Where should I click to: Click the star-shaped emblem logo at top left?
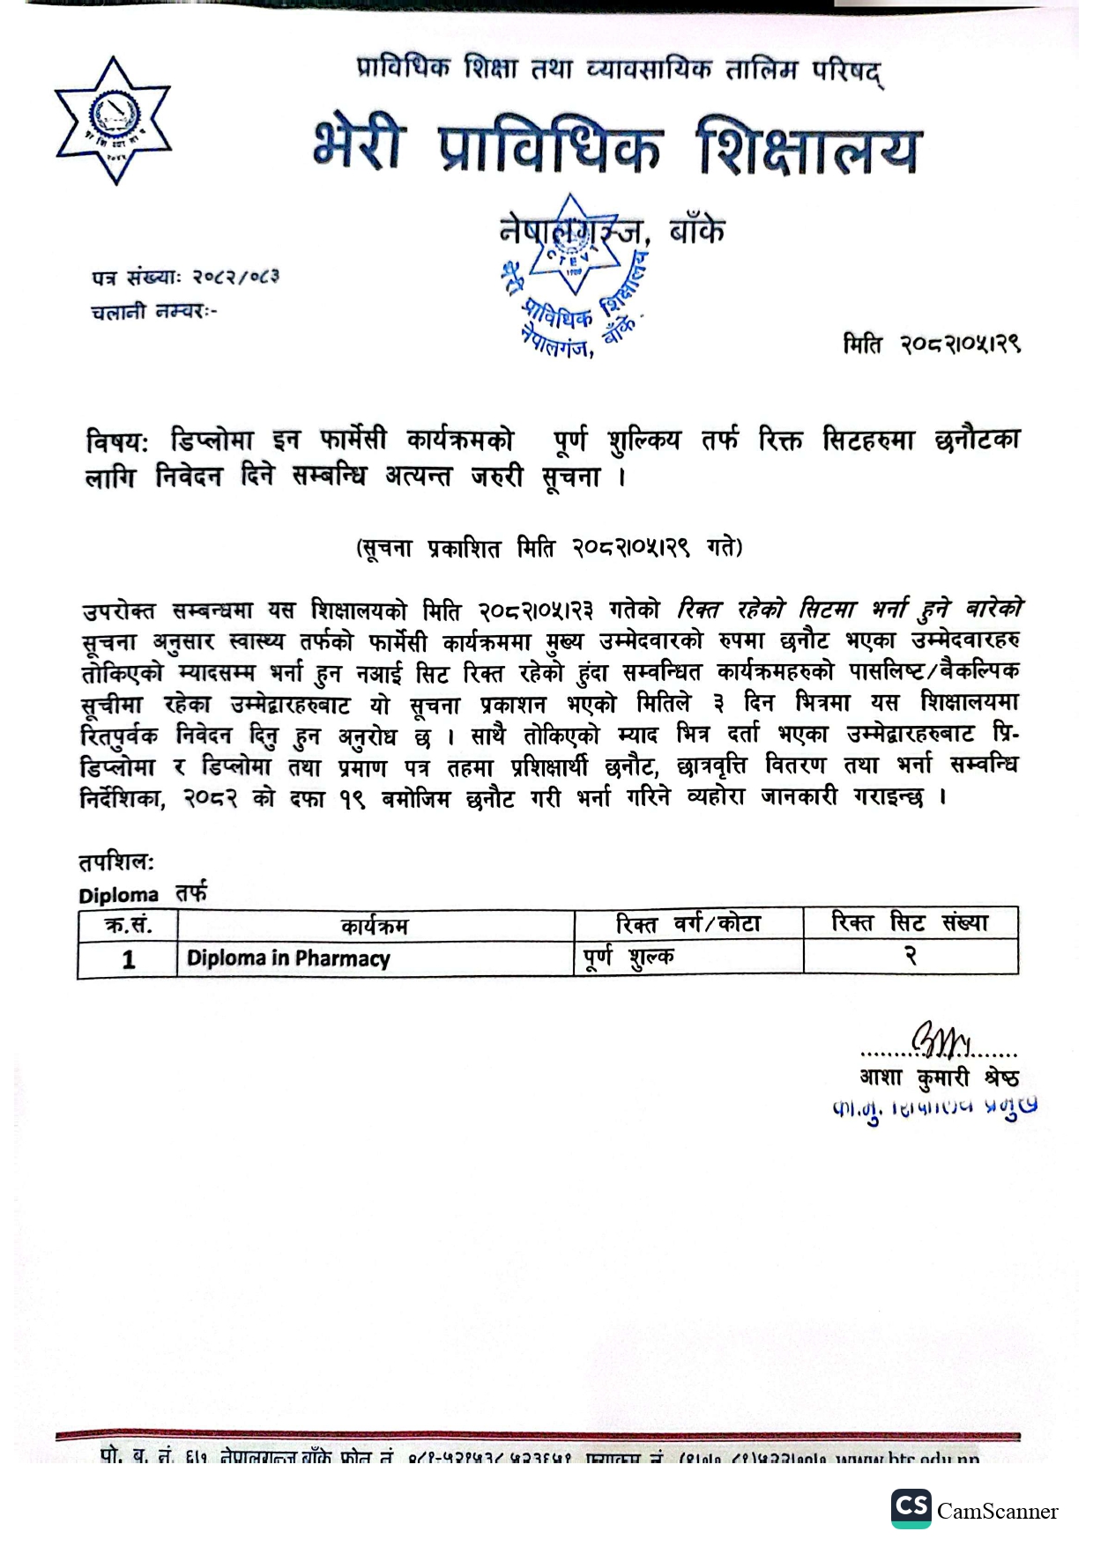pos(113,121)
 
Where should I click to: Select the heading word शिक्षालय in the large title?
pos(807,148)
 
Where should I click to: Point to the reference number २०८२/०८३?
pos(236,277)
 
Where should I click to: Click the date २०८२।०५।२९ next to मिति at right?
pos(960,344)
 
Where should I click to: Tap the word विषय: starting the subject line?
pos(118,440)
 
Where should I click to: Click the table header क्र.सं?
pos(128,925)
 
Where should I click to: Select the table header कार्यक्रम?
pos(375,926)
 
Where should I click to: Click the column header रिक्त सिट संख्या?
pos(910,922)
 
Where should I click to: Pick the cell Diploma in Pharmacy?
pos(288,958)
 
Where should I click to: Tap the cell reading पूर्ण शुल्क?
pos(628,957)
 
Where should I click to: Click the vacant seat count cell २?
pos(911,957)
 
